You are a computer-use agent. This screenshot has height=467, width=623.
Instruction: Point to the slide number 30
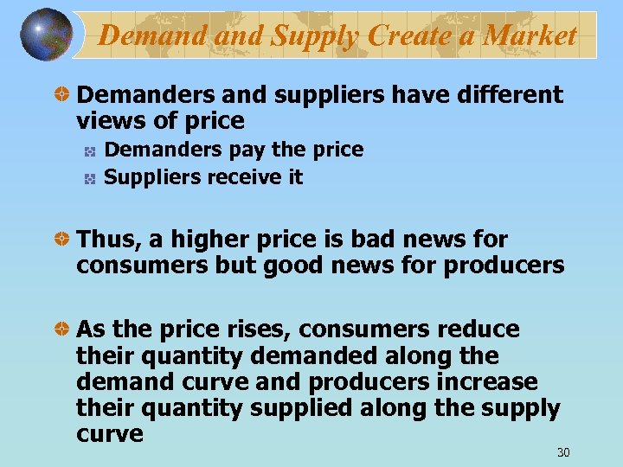click(x=564, y=452)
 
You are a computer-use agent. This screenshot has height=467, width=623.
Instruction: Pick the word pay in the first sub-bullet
click(x=246, y=150)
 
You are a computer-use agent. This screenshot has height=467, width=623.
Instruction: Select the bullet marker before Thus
click(x=62, y=240)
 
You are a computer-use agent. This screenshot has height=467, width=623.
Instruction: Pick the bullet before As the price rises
click(x=62, y=330)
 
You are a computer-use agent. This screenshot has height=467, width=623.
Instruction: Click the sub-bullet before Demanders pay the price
click(x=89, y=151)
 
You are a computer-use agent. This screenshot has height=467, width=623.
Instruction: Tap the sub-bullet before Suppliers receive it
click(x=89, y=178)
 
